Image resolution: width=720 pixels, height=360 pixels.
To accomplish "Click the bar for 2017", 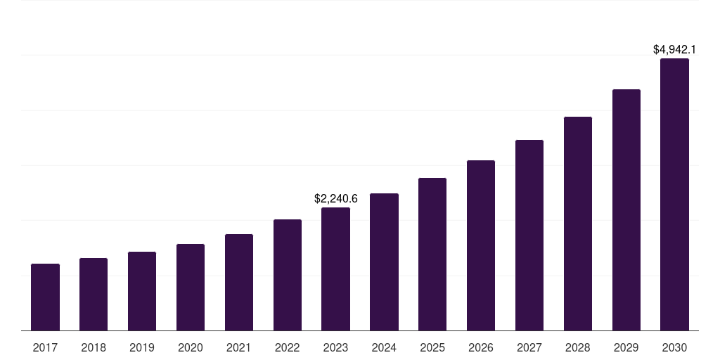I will [45, 297].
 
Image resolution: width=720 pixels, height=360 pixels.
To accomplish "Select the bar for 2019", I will [142, 291].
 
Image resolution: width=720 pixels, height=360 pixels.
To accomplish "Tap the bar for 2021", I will [239, 283].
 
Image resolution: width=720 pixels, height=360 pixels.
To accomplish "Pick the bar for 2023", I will [335, 269].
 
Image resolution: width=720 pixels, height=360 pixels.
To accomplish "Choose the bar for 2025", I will [432, 255].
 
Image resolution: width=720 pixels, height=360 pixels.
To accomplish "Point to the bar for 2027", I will [529, 236].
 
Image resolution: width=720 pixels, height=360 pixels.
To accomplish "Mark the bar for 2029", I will [626, 210].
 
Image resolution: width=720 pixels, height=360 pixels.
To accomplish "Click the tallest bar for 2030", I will [674, 195].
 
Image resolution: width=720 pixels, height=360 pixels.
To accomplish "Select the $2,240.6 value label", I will [335, 199].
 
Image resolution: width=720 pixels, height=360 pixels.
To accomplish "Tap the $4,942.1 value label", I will [674, 50].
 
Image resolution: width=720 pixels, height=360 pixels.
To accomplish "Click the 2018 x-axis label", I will [94, 347].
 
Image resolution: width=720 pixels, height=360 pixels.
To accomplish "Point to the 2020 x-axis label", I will [191, 347].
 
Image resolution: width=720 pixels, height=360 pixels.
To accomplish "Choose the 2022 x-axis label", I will [287, 347].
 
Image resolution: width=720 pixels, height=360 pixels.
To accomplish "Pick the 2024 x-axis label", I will [384, 347].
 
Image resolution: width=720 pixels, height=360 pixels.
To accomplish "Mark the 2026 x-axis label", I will [481, 347].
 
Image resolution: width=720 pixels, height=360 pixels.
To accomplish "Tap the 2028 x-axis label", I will [578, 347].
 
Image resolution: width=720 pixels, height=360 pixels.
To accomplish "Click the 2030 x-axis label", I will [674, 347].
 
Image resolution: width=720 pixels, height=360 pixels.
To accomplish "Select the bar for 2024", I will [384, 262].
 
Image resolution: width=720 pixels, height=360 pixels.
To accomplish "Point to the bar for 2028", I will [578, 224].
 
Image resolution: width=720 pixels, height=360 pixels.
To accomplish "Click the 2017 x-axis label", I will [45, 347].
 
